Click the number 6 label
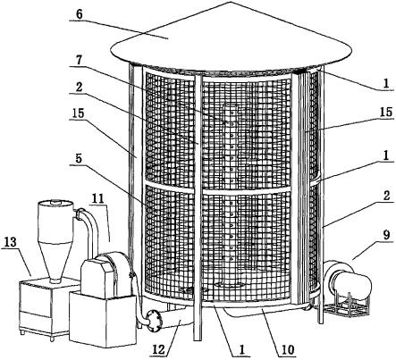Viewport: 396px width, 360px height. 79,14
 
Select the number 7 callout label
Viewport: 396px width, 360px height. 80,61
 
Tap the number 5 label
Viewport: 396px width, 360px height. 79,158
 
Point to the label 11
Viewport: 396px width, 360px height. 97,198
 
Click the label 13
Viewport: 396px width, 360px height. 11,242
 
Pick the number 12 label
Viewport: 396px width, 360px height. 159,349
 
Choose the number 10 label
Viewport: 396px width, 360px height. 288,349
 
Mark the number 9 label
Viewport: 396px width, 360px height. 386,235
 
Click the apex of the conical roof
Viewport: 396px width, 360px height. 231,1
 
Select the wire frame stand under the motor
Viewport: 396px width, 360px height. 346,306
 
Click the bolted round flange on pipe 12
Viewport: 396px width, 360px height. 154,321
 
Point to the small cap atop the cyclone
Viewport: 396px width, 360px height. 55,203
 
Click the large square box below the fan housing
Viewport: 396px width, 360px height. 103,319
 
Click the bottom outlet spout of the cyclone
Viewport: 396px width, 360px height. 55,280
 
